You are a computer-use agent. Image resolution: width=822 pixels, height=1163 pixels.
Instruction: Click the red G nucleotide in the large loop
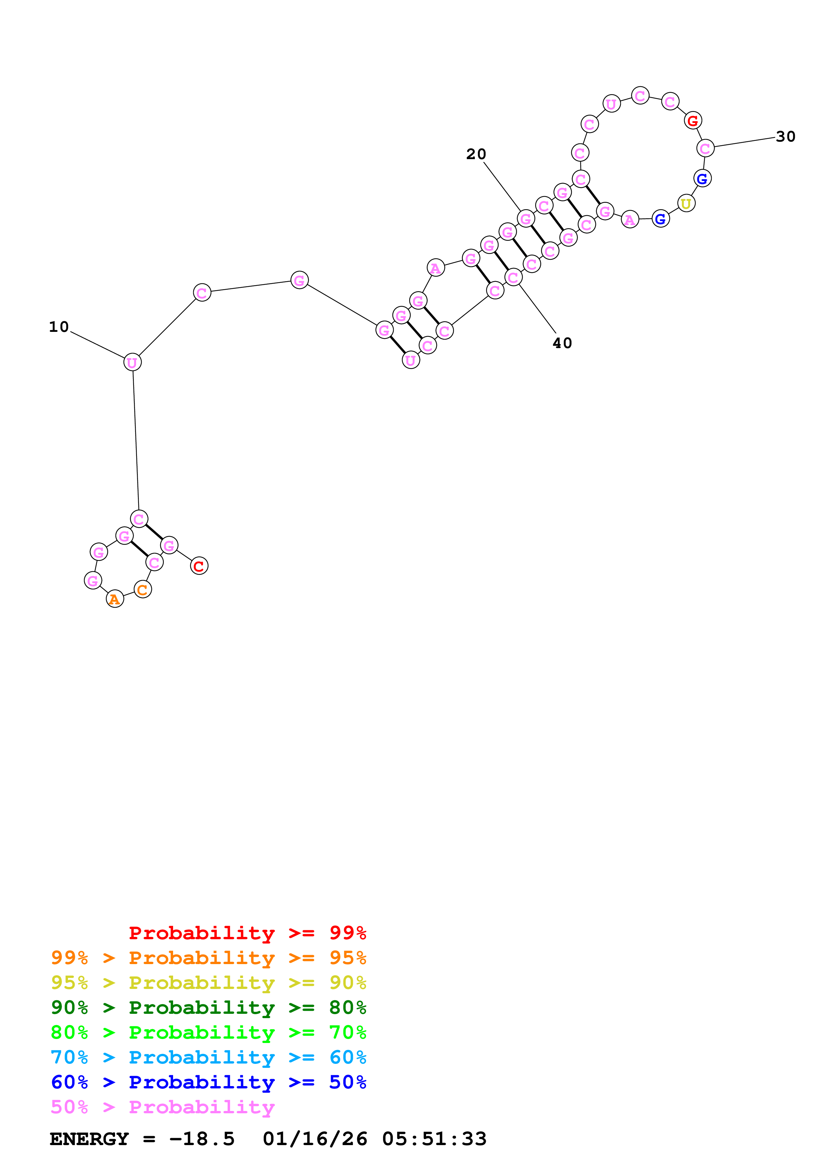tap(692, 121)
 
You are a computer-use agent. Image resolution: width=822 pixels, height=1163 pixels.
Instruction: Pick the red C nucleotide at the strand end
tap(199, 566)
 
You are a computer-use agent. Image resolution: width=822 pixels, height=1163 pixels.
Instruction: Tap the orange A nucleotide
tap(115, 599)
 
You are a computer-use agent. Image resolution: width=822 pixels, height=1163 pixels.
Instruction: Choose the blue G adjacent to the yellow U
tap(702, 178)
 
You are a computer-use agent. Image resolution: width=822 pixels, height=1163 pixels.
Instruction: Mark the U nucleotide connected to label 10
tap(132, 362)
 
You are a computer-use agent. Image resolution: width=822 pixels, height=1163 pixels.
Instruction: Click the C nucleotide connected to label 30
tap(705, 149)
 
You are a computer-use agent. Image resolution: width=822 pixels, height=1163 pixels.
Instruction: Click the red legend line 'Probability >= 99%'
tap(247, 933)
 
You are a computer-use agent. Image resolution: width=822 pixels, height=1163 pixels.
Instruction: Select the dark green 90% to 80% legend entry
tap(208, 1008)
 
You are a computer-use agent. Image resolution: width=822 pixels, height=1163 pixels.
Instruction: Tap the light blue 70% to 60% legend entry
tap(208, 1057)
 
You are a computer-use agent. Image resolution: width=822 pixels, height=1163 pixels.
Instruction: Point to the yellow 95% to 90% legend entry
tap(208, 983)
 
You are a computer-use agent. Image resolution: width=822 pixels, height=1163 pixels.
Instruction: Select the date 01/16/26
tap(315, 1139)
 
